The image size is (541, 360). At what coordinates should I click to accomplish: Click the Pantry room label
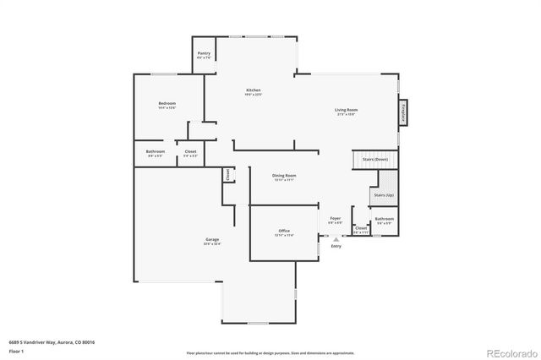204,54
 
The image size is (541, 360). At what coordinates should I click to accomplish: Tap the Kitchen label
253,90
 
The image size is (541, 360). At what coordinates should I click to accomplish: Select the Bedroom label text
167,104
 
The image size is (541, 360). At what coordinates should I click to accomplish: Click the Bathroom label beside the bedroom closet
156,152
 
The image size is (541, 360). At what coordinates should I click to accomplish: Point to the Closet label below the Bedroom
190,152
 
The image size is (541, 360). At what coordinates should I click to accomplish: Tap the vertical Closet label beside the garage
227,174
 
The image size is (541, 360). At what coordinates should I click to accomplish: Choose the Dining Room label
284,176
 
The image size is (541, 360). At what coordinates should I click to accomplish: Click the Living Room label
346,110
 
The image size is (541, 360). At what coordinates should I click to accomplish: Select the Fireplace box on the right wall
403,113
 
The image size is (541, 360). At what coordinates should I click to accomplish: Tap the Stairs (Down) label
375,159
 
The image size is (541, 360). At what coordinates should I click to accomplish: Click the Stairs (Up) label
383,195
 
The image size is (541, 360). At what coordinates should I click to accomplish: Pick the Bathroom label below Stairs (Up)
385,219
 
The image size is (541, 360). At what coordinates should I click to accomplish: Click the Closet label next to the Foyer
361,228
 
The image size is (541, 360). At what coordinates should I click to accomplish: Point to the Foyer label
336,219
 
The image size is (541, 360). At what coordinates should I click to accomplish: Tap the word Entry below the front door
336,246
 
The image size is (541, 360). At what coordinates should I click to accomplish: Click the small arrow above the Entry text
336,239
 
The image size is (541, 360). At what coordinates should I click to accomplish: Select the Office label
284,231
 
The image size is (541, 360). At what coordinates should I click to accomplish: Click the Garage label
211,240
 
